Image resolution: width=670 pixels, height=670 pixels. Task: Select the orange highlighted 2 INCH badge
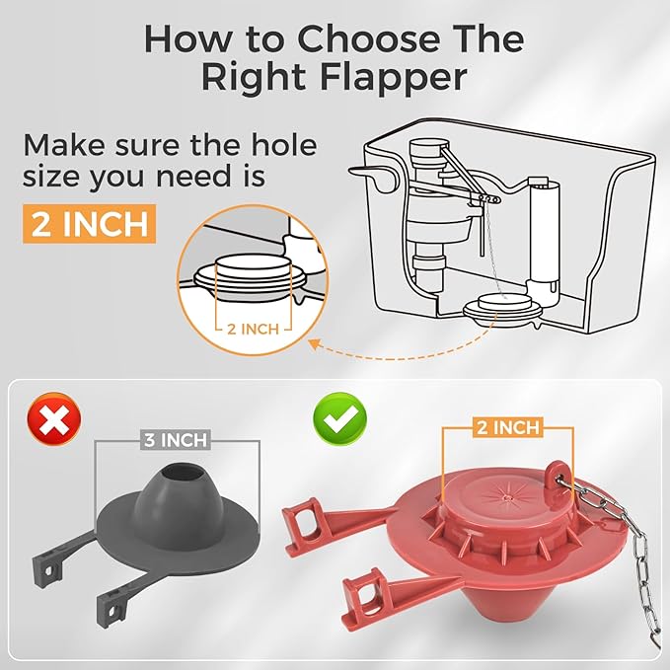tap(90, 223)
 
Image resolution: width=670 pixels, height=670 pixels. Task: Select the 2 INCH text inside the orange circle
tap(254, 327)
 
